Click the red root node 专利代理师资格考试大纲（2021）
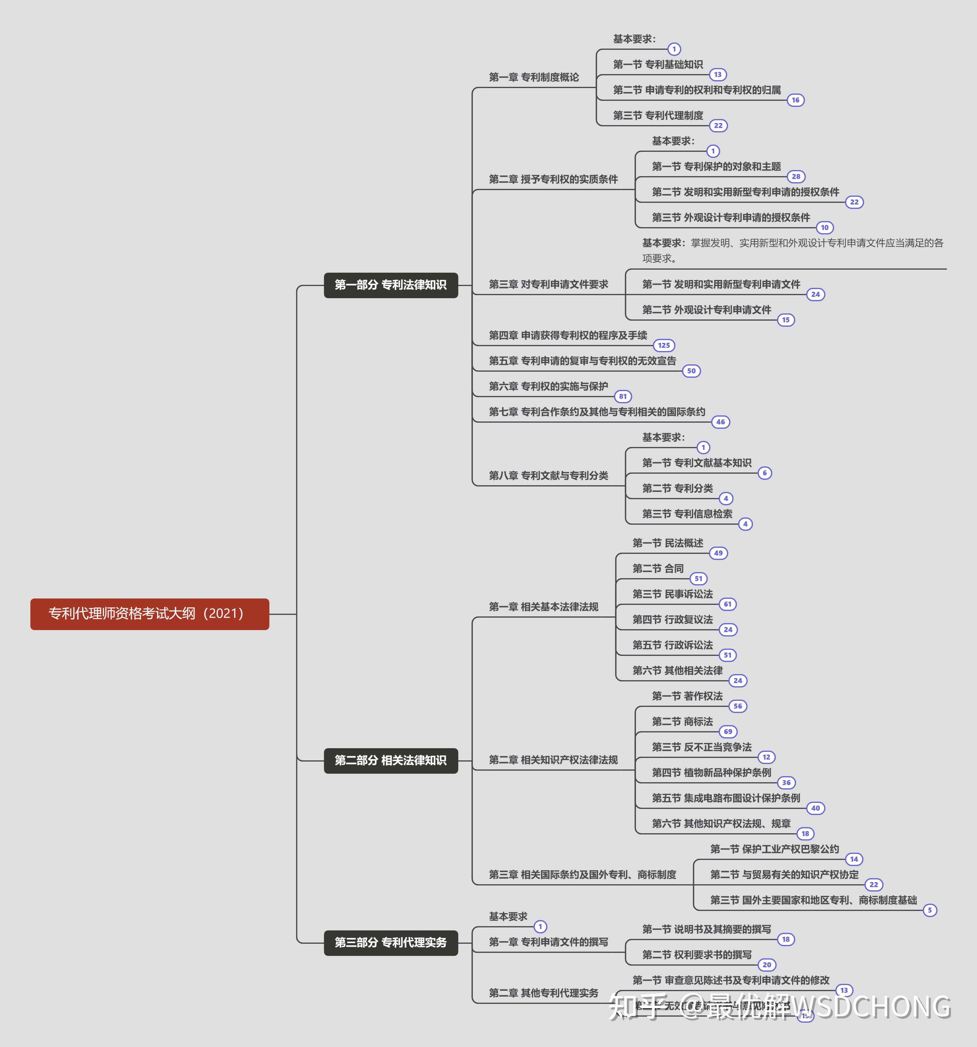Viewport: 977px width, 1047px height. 150,614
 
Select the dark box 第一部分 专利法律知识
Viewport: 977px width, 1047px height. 391,285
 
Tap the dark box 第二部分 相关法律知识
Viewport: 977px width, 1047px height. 391,760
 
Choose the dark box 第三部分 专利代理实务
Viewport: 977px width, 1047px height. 391,942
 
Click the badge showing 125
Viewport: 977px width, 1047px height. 664,346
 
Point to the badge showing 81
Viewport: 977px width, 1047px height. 623,397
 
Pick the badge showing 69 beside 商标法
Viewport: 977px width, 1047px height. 728,732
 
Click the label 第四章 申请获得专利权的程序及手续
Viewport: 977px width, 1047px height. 568,336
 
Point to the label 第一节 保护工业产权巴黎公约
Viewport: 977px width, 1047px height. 774,849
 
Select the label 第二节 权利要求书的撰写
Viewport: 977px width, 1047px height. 696,955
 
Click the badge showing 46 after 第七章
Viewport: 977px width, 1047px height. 720,422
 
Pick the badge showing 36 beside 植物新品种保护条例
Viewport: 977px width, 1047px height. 786,783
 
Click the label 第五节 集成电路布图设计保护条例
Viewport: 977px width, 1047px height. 726,798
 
